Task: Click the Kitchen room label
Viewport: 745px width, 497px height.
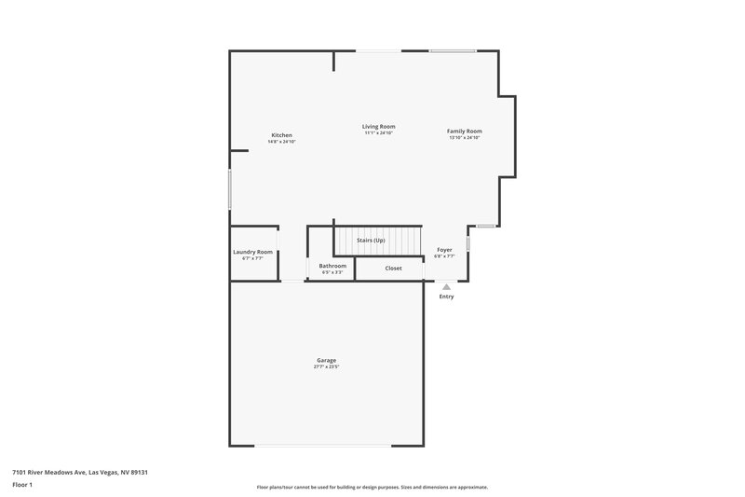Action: (282, 135)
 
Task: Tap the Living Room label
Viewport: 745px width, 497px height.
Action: (379, 127)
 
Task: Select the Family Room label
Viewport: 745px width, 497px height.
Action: (464, 131)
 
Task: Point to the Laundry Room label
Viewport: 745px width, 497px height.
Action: (252, 252)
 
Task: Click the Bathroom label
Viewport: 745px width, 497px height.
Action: (332, 266)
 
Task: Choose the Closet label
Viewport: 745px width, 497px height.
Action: (393, 269)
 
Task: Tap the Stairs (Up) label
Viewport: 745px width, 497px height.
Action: (371, 241)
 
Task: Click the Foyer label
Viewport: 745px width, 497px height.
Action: (444, 250)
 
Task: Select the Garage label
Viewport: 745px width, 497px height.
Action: (326, 360)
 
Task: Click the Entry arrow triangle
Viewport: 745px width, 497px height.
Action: (446, 287)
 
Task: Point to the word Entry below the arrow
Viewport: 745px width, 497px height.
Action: (446, 297)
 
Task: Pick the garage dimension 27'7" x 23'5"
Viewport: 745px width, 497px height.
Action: (326, 366)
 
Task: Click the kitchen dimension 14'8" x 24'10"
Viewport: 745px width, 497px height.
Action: (282, 142)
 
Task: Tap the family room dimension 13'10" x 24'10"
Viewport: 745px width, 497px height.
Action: (464, 138)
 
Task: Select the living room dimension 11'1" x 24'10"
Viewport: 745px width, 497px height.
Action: (379, 133)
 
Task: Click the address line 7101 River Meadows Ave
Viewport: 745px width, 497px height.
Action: (80, 472)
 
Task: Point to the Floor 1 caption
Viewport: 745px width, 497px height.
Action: (22, 485)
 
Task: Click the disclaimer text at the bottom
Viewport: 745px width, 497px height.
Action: (372, 487)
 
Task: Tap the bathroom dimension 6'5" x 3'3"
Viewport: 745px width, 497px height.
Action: (332, 272)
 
